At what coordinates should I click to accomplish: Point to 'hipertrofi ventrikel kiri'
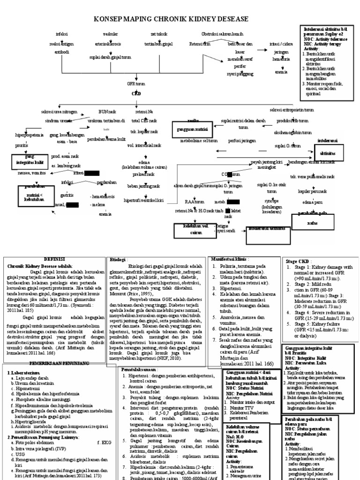(143, 200)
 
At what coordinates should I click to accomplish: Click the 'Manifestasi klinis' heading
(227, 259)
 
